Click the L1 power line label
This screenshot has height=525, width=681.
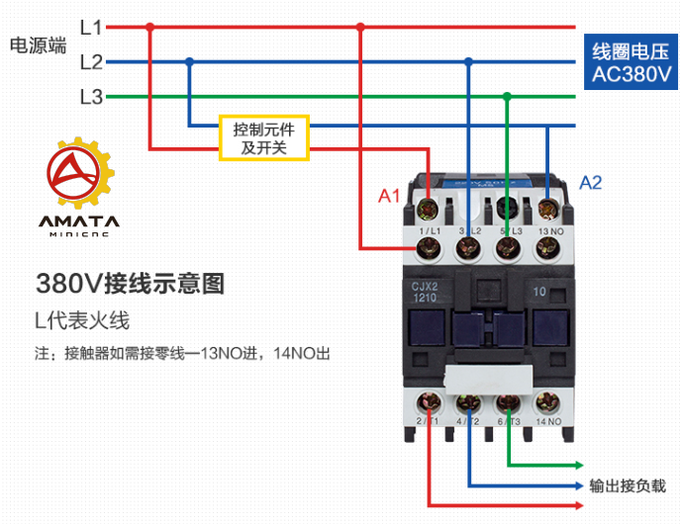point(91,28)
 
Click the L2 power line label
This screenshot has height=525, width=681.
point(91,62)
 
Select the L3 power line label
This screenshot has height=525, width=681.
point(91,97)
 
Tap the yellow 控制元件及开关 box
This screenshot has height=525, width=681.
point(264,138)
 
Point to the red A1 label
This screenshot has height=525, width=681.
point(390,196)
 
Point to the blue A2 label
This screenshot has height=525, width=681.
point(591,182)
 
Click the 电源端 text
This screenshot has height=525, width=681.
point(38,45)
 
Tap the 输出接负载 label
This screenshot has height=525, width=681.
point(628,485)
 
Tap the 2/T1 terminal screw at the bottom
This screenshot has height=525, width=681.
point(430,402)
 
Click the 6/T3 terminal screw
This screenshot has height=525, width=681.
point(508,402)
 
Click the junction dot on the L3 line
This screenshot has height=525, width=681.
point(507,97)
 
